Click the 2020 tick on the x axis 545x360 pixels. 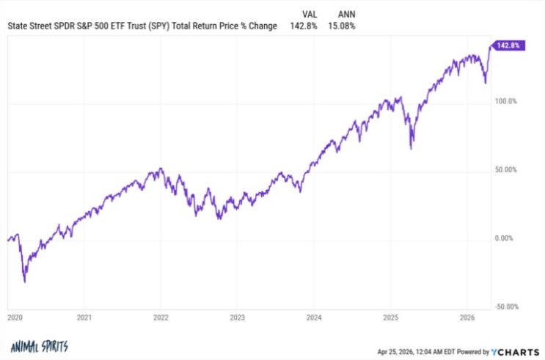[15, 317]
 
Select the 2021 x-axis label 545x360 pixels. [84, 317]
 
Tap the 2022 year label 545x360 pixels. [161, 317]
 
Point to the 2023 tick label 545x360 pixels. [238, 317]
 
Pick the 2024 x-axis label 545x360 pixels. [314, 317]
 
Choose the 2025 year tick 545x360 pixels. [391, 317]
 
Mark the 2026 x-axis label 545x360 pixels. [467, 317]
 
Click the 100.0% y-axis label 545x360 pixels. [506, 101]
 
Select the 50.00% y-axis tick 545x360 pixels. [506, 169]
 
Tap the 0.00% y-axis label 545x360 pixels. [504, 238]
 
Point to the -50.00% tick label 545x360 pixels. [507, 306]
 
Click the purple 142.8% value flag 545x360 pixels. [508, 45]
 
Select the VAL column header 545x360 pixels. [310, 14]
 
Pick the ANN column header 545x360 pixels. [346, 14]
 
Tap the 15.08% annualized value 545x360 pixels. [342, 26]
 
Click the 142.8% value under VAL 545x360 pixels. [304, 26]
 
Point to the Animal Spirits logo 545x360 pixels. [40, 346]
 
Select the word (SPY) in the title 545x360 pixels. [159, 26]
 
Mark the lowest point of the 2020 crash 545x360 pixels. [25, 282]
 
